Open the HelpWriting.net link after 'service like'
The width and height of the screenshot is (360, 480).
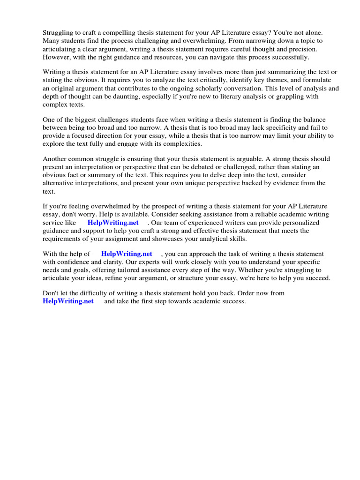click(x=113, y=223)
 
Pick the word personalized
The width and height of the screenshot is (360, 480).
click(x=290, y=223)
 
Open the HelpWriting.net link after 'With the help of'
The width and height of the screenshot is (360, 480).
click(x=127, y=254)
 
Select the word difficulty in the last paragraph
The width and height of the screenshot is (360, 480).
click(x=87, y=293)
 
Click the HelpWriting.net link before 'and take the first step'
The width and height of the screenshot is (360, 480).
click(x=68, y=301)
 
